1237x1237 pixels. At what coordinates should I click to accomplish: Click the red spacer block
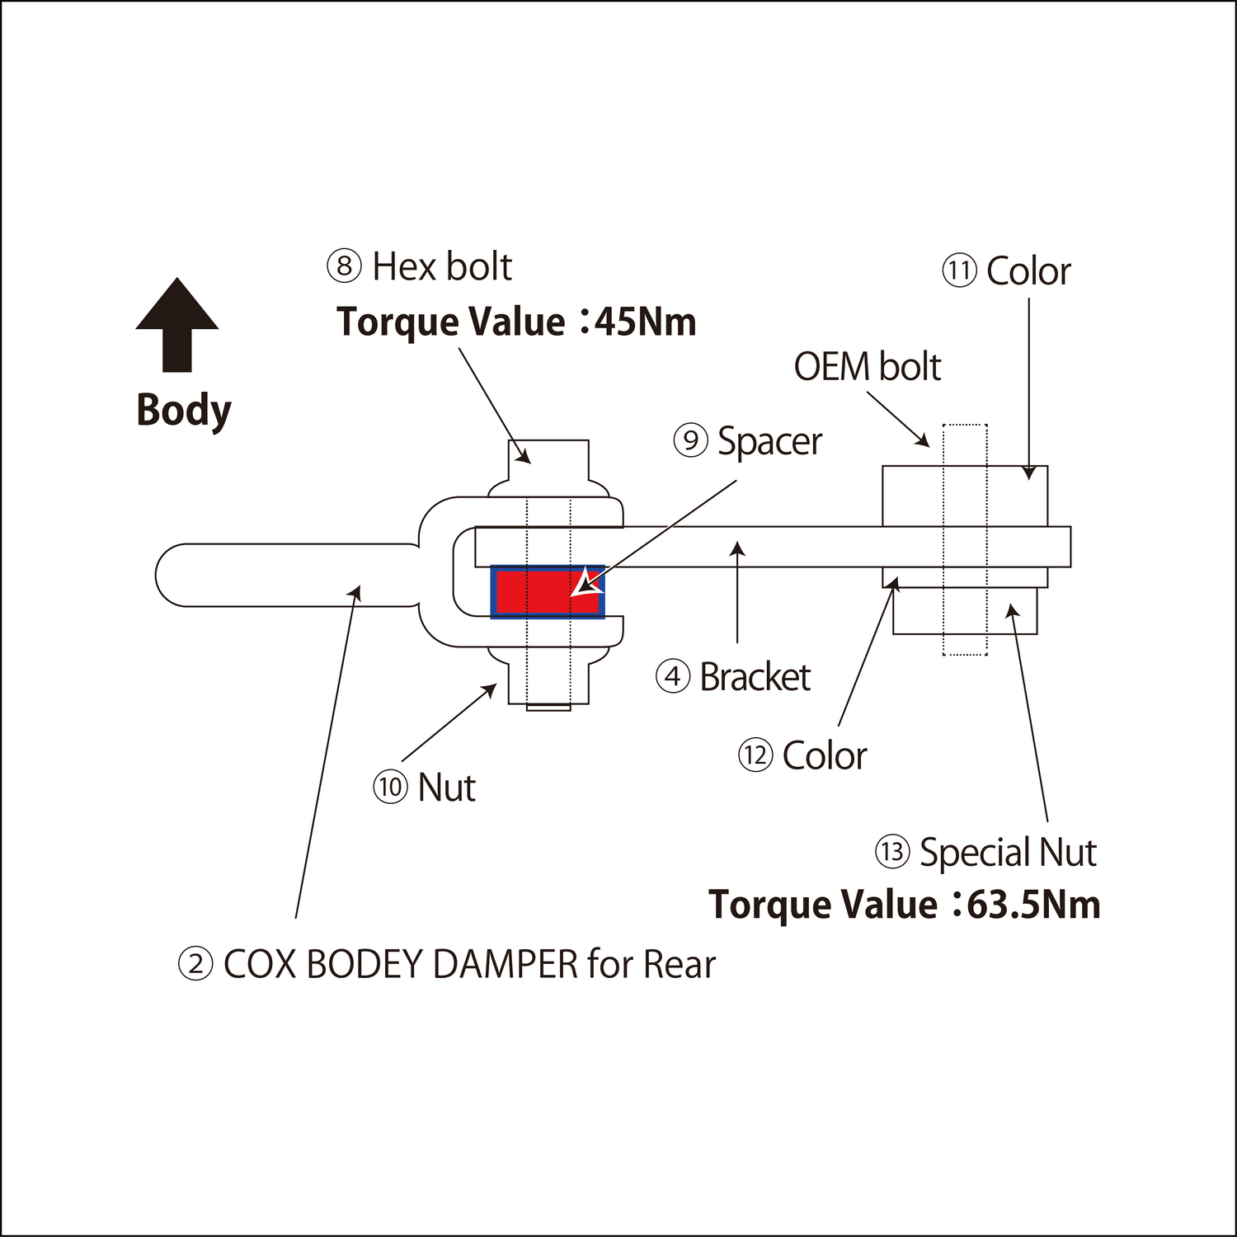coord(536,592)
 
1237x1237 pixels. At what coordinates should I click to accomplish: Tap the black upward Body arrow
coord(177,326)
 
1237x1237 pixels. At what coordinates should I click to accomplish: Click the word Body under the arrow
coord(184,410)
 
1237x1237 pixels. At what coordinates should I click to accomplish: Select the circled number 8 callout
coord(344,266)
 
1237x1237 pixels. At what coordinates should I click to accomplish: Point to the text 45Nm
coord(645,322)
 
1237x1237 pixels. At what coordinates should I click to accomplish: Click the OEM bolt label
coord(867,367)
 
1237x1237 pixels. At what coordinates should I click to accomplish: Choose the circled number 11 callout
coord(959,271)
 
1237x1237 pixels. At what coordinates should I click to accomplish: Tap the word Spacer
coord(769,442)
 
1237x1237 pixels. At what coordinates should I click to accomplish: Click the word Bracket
coord(755,678)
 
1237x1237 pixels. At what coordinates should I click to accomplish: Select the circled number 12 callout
coord(755,755)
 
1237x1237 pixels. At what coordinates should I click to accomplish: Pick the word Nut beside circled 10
coord(446,788)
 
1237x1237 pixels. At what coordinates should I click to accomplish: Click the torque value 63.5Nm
coord(1033,905)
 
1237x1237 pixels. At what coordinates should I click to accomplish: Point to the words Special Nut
coord(1008,853)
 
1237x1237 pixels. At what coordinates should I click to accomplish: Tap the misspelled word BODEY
coord(365,964)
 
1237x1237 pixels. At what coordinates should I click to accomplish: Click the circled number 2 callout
coord(196,964)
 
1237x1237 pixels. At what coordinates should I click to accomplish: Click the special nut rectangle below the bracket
coord(964,610)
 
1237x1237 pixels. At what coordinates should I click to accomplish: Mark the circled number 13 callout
coord(891,852)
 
